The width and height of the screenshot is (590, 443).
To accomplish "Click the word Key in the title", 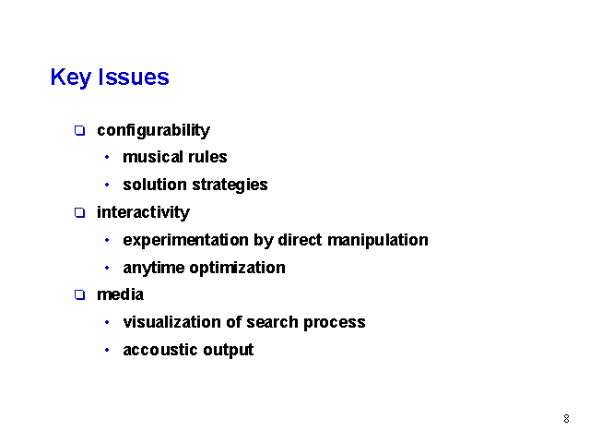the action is coord(71,78).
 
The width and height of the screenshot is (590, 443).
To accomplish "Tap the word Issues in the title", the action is coord(134,77).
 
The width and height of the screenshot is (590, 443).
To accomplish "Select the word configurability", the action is coord(154,131).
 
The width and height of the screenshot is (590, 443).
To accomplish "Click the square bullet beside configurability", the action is coord(80,131).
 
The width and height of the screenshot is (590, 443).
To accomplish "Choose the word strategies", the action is coord(230,185).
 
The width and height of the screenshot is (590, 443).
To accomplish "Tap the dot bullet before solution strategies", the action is coord(107,185).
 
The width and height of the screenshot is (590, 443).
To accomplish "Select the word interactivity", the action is coord(144,212).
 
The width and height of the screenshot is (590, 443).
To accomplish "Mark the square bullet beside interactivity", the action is coord(80,213).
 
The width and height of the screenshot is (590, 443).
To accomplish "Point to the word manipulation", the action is coord(378,240).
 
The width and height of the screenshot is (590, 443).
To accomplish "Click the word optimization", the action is coord(238,268).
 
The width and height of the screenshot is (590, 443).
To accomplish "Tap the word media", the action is coord(121,294).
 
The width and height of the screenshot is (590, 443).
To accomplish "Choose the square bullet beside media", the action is coord(80,294).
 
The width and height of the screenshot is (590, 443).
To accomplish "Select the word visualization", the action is coord(172,322).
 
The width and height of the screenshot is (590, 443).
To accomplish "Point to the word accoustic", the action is coord(161,350).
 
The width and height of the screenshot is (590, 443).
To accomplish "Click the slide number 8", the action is coord(566,418).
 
